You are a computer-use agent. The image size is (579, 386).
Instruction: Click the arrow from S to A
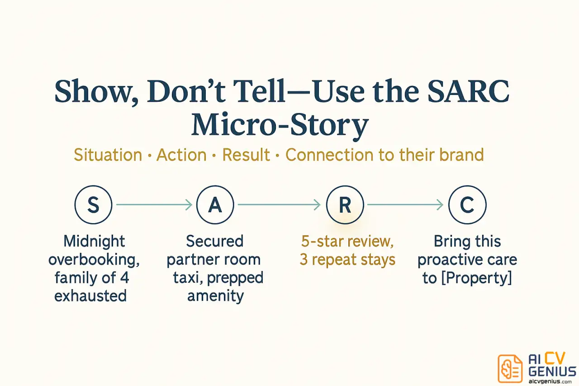[154, 205]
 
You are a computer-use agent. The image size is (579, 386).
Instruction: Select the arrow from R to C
[405, 205]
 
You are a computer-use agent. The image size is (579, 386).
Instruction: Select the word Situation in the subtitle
[108, 155]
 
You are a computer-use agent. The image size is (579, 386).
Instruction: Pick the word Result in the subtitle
[246, 155]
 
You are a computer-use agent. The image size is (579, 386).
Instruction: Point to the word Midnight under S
[94, 241]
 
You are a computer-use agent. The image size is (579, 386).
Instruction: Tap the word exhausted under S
[90, 295]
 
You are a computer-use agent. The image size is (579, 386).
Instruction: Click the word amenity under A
[215, 295]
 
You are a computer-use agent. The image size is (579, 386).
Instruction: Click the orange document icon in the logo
[510, 368]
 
